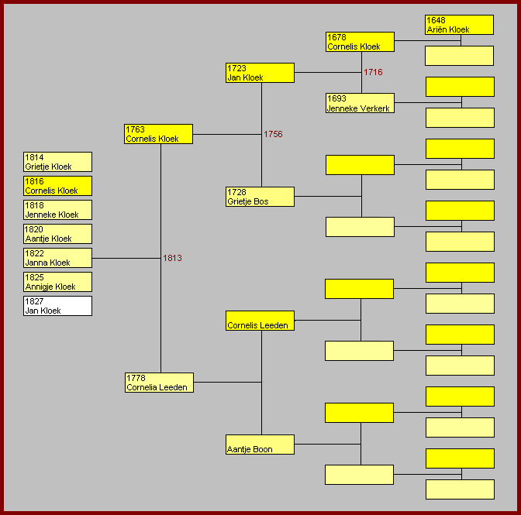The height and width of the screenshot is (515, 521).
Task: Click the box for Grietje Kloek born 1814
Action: coord(58,162)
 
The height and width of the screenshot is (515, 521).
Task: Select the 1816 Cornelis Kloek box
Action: coord(58,186)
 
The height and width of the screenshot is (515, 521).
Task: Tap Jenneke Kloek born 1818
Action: coord(58,210)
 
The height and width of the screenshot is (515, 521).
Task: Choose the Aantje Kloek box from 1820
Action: coord(58,234)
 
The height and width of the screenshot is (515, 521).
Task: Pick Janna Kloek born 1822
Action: coord(58,258)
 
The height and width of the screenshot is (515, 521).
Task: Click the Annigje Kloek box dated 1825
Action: coord(58,282)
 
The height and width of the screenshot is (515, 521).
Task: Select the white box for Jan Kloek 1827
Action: coord(58,306)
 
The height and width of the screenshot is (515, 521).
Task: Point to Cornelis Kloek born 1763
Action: coord(159,134)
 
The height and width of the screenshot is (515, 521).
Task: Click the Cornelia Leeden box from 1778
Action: coord(159,383)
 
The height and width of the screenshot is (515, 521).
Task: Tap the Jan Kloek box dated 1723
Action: coord(260,73)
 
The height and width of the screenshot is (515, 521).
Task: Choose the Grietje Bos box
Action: coord(260,197)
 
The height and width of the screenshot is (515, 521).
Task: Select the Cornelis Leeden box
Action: coord(260,321)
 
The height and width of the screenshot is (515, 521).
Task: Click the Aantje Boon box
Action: coord(260,445)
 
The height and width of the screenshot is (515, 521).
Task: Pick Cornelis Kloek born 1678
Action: coord(360,42)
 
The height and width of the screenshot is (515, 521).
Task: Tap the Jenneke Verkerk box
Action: coord(360,103)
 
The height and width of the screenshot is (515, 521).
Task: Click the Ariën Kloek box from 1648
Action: coord(459,25)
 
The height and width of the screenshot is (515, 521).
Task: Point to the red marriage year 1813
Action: coord(172,258)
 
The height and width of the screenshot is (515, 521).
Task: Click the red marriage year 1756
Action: coord(273,134)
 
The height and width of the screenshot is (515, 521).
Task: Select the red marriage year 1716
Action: coord(373,72)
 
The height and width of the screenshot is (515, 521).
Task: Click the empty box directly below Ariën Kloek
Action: coord(459,56)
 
